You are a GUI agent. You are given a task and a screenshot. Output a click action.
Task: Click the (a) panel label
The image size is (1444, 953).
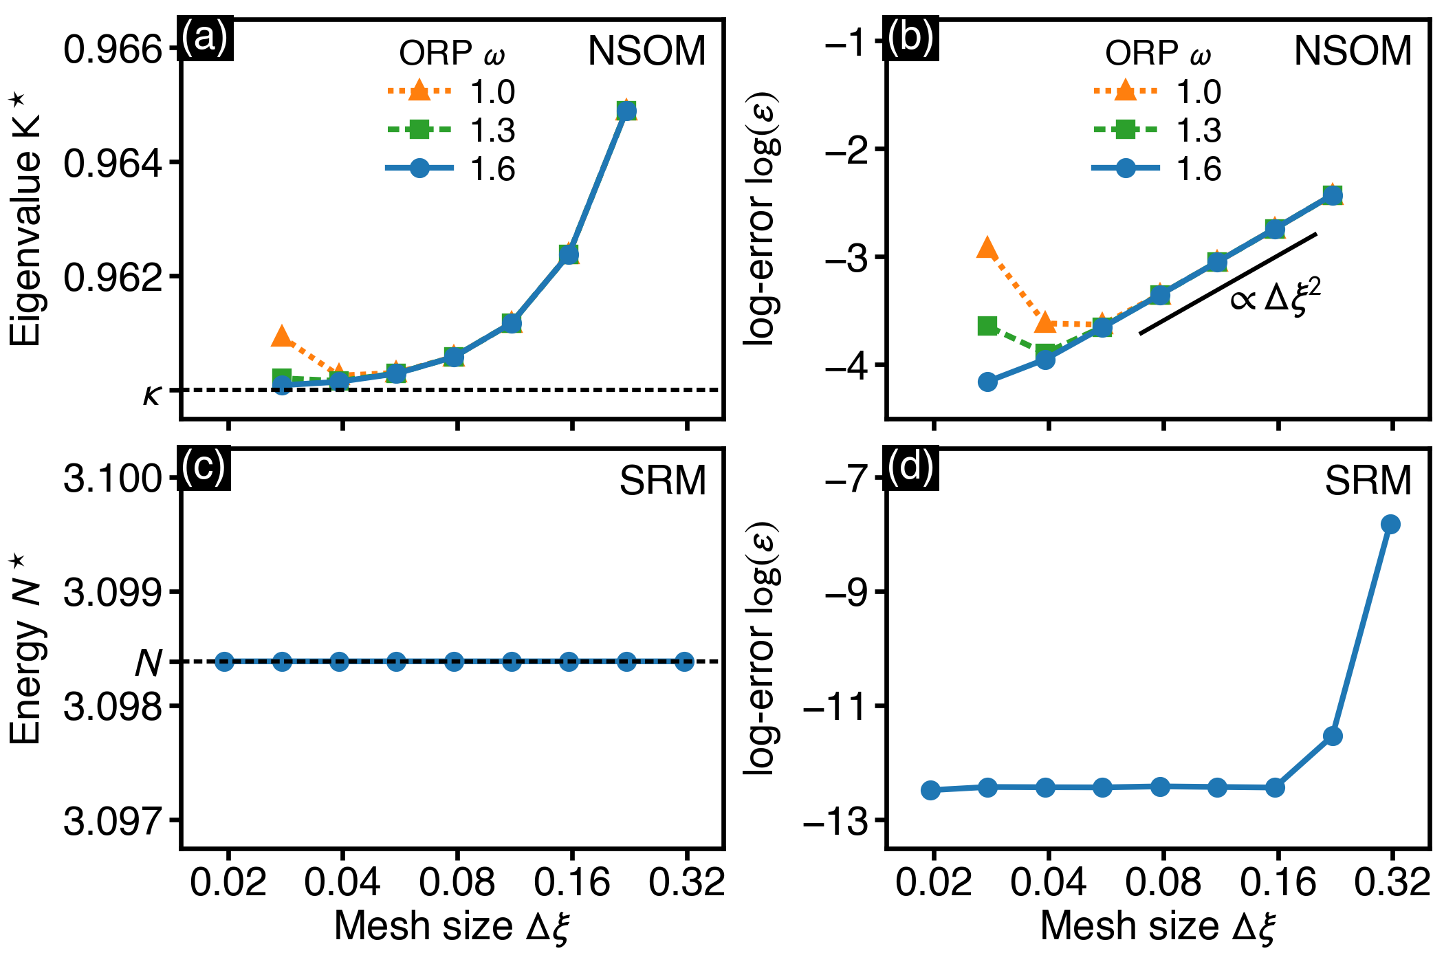205,38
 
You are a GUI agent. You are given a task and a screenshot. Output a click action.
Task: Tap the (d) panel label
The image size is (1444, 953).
910,468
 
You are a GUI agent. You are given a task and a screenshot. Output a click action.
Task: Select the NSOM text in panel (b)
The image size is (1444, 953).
1353,51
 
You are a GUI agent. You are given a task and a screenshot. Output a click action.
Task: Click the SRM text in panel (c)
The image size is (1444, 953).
663,481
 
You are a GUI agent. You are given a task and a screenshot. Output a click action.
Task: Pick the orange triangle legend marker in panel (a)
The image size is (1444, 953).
419,91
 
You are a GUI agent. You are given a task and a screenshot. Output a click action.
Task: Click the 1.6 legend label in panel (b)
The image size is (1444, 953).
1199,169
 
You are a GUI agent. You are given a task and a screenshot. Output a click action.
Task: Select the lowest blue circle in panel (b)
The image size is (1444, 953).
987,382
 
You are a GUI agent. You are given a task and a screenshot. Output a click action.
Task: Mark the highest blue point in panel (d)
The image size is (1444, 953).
1390,525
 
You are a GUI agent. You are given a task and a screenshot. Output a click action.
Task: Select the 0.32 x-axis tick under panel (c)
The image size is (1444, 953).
686,881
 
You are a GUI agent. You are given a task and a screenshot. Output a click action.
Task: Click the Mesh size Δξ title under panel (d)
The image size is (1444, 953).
1158,926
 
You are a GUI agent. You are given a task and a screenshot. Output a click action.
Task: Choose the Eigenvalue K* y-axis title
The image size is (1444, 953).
26,220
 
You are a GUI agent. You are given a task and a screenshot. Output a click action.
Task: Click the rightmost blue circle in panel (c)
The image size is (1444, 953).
684,662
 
